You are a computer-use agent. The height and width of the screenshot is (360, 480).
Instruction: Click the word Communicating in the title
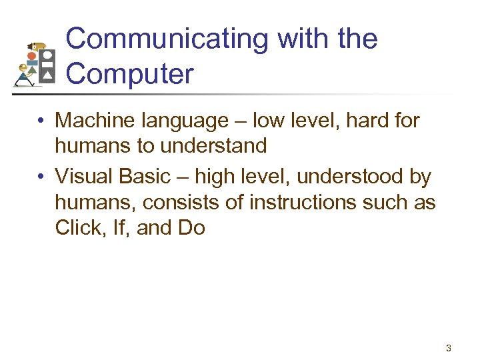coord(167,40)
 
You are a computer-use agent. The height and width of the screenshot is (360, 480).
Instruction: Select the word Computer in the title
coord(129,73)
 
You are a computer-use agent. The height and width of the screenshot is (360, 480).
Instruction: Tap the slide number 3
coord(449,347)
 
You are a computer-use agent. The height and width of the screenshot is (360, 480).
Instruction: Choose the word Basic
coord(149,177)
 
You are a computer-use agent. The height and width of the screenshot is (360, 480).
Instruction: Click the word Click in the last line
coord(74,228)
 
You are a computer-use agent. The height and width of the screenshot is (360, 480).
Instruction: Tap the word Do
coord(191,228)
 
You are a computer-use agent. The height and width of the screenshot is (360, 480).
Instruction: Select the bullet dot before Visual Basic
coord(41,177)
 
